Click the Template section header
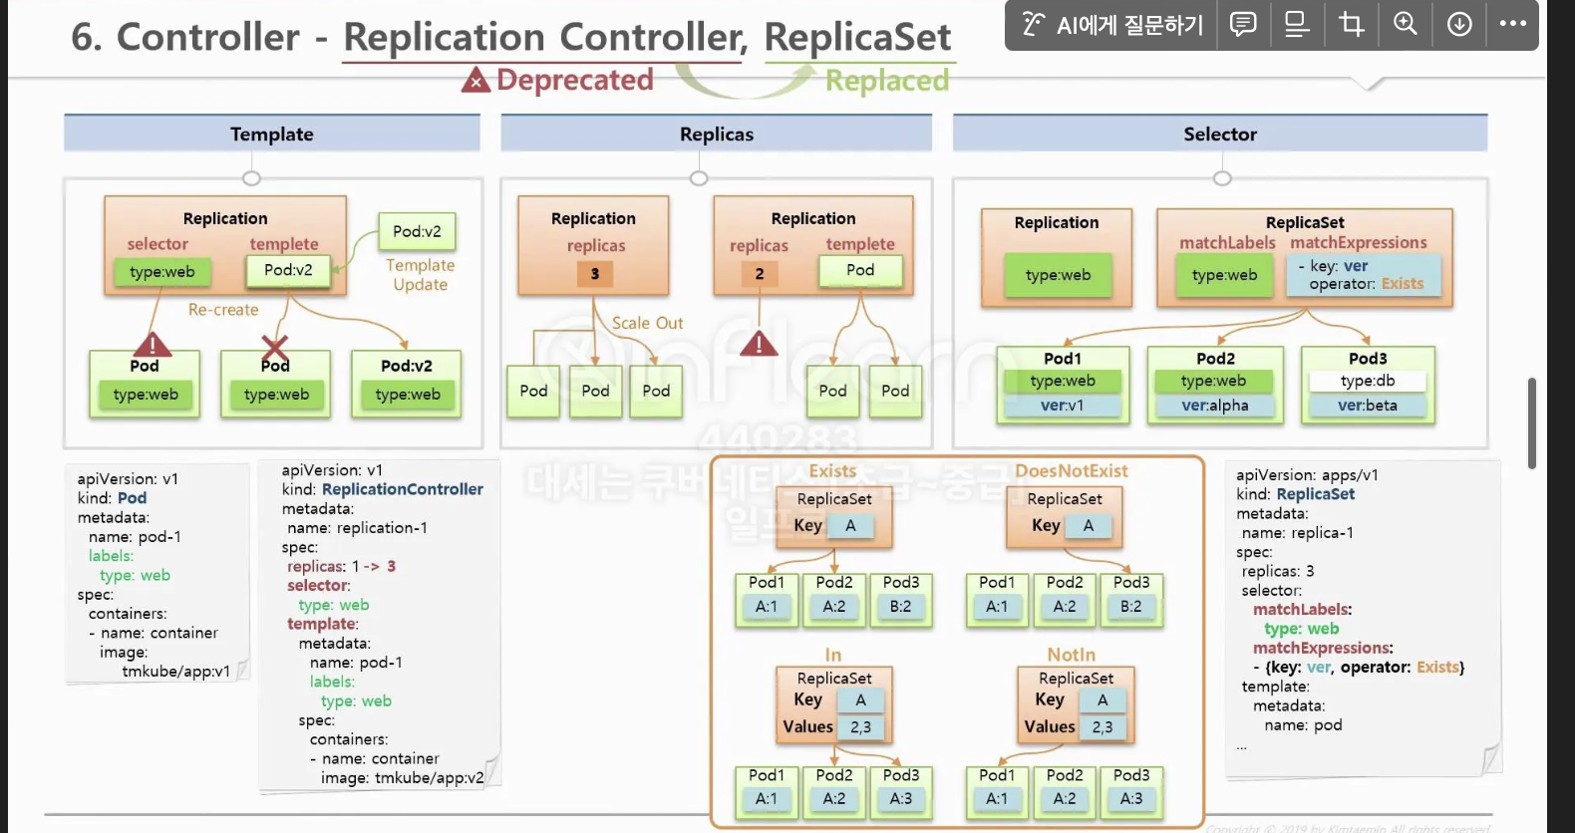point(271,134)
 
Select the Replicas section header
point(716,134)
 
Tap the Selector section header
point(1219,134)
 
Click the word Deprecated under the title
point(574,80)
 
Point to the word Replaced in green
point(886,81)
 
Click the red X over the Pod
point(275,348)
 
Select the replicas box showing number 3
point(595,274)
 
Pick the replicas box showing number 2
point(760,274)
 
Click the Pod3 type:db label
point(1367,381)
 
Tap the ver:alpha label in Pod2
point(1214,406)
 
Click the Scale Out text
point(647,323)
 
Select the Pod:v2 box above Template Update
point(417,231)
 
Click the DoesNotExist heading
point(1071,470)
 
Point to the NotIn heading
point(1071,655)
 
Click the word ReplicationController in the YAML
point(402,489)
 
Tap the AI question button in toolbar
point(1111,25)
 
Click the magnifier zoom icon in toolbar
point(1405,24)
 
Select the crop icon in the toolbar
point(1351,24)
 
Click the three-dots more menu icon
point(1512,24)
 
